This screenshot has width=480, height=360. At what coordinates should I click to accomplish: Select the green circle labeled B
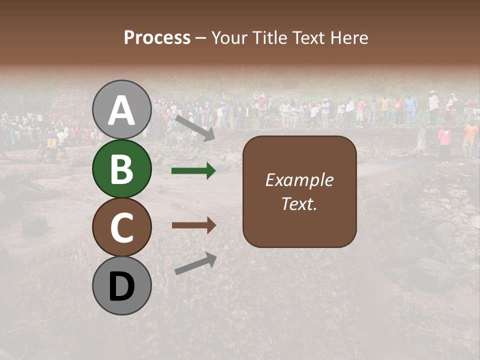pos(121,169)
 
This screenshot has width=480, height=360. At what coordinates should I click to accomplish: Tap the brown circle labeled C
pos(121,227)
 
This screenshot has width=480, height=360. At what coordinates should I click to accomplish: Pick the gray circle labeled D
pos(121,286)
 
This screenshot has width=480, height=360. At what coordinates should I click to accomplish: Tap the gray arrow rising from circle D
pos(195,263)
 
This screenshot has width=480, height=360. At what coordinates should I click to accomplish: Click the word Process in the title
pos(157,38)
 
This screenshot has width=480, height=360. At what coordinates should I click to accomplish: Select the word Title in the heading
pos(268,38)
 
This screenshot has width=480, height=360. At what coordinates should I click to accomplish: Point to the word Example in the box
pos(299,180)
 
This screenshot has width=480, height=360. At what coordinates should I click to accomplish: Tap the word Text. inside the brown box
pos(299,203)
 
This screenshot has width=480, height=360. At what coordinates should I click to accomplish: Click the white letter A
pos(121,111)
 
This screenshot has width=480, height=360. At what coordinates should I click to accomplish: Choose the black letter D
pos(121,287)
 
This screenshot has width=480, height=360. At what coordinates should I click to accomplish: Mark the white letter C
pos(121,228)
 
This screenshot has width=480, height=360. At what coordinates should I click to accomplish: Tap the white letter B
pos(121,170)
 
